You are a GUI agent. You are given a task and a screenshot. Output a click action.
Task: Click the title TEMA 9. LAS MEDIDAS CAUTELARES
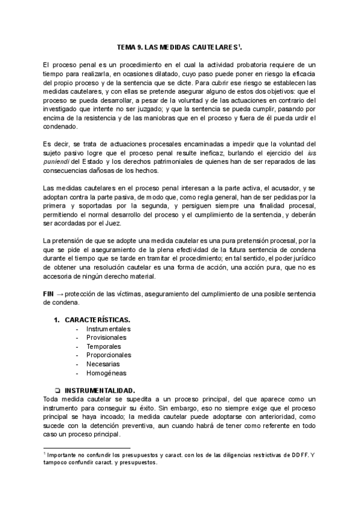coord(178,46)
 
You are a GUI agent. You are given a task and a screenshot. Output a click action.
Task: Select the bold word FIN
coord(49,295)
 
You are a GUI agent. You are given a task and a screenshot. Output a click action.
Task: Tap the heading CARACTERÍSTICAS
coord(97,319)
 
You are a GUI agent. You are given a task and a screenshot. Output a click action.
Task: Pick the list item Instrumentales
coord(108,329)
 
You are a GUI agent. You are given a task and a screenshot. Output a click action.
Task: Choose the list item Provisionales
coord(107,337)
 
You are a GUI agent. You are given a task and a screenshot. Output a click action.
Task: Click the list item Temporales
coord(104,346)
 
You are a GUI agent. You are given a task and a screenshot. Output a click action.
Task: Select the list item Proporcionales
coord(109,355)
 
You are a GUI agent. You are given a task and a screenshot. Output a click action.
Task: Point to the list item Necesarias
coord(103,364)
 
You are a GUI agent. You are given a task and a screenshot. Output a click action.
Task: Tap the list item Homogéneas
coord(106,373)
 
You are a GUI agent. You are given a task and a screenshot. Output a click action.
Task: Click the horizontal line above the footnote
coord(87,447)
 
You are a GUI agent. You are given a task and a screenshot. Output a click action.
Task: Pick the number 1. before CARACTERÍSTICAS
coord(56,319)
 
